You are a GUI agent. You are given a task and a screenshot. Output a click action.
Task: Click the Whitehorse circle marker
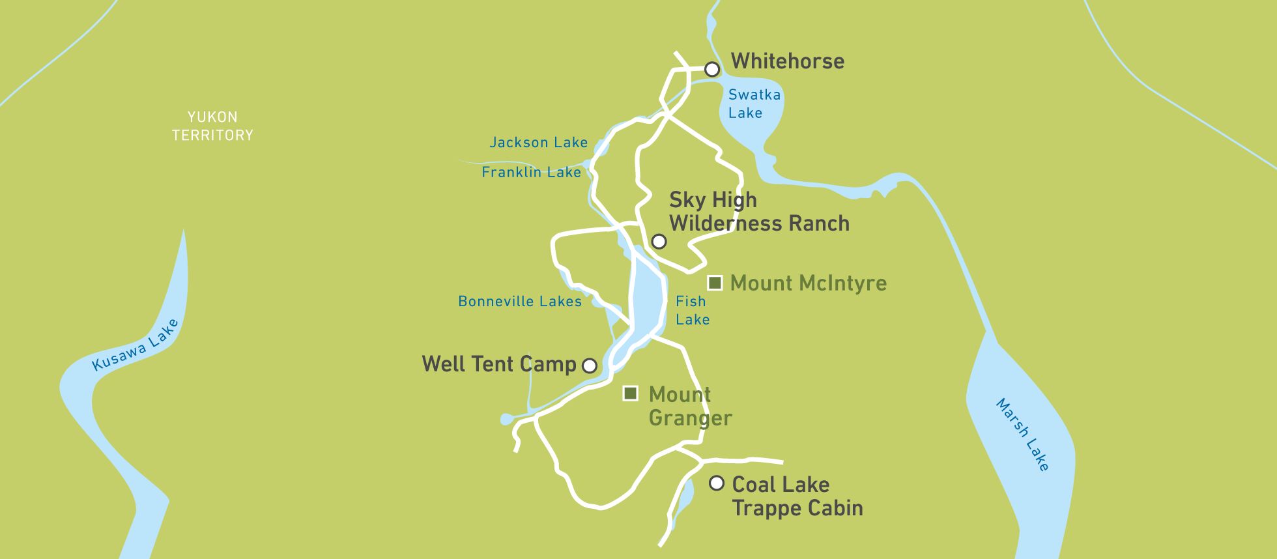pyautogui.click(x=712, y=69)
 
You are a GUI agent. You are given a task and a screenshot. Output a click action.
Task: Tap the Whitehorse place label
pyautogui.click(x=787, y=61)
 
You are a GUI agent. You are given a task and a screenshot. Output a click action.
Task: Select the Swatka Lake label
pyautogui.click(x=754, y=104)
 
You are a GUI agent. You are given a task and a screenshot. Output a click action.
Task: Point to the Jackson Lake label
pyautogui.click(x=538, y=143)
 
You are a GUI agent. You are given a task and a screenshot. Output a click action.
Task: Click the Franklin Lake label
pyautogui.click(x=531, y=173)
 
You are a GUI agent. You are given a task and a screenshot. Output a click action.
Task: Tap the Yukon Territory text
pyautogui.click(x=212, y=126)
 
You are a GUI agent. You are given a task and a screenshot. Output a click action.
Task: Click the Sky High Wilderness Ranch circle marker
pyautogui.click(x=659, y=242)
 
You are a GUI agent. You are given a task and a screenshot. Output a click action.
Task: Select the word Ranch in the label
pyautogui.click(x=818, y=223)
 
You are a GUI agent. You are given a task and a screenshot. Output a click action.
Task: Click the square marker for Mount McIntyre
pyautogui.click(x=715, y=283)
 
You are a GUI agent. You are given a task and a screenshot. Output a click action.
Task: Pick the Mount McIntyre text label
pyautogui.click(x=808, y=283)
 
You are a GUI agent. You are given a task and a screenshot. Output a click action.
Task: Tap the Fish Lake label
pyautogui.click(x=692, y=311)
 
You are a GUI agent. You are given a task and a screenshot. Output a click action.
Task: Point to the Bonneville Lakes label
pyautogui.click(x=519, y=302)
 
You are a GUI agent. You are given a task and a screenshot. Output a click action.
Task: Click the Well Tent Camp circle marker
pyautogui.click(x=589, y=365)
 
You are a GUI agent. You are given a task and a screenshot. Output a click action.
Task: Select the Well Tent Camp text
pyautogui.click(x=498, y=364)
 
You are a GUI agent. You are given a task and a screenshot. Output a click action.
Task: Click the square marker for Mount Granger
pyautogui.click(x=630, y=394)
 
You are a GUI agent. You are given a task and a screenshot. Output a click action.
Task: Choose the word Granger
pyautogui.click(x=690, y=418)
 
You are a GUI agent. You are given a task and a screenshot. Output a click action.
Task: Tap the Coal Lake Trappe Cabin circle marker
pyautogui.click(x=717, y=483)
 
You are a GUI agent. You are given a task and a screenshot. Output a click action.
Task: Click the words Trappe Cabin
pyautogui.click(x=797, y=508)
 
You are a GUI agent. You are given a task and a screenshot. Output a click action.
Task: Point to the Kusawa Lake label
pyautogui.click(x=135, y=345)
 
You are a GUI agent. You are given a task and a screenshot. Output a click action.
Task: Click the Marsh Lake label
pyautogui.click(x=1022, y=435)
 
